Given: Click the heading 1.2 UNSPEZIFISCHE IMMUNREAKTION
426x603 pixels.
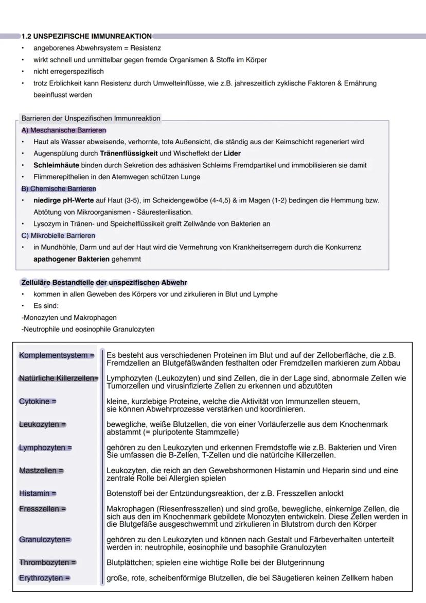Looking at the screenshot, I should click(x=86, y=37).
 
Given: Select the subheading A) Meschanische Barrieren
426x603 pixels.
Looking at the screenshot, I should click(x=64, y=130).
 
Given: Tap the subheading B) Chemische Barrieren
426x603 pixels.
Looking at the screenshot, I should click(x=59, y=189).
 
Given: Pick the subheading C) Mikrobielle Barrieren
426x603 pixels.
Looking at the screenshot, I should click(x=58, y=236).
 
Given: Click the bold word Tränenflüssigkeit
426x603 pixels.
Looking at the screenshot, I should click(x=129, y=153).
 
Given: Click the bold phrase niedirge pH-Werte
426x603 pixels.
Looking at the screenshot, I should click(x=63, y=200).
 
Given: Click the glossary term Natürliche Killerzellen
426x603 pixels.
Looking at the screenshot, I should click(x=58, y=378).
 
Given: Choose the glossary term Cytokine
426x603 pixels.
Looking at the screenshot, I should click(x=38, y=401).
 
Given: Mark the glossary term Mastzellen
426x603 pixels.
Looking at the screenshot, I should click(x=41, y=471).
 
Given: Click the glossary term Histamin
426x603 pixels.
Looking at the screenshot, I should click(x=38, y=493).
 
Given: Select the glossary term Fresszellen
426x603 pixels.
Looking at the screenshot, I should click(x=43, y=509).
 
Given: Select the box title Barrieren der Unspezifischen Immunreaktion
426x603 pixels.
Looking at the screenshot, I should click(x=91, y=118).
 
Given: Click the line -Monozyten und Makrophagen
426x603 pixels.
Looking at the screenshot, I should click(x=69, y=318).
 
